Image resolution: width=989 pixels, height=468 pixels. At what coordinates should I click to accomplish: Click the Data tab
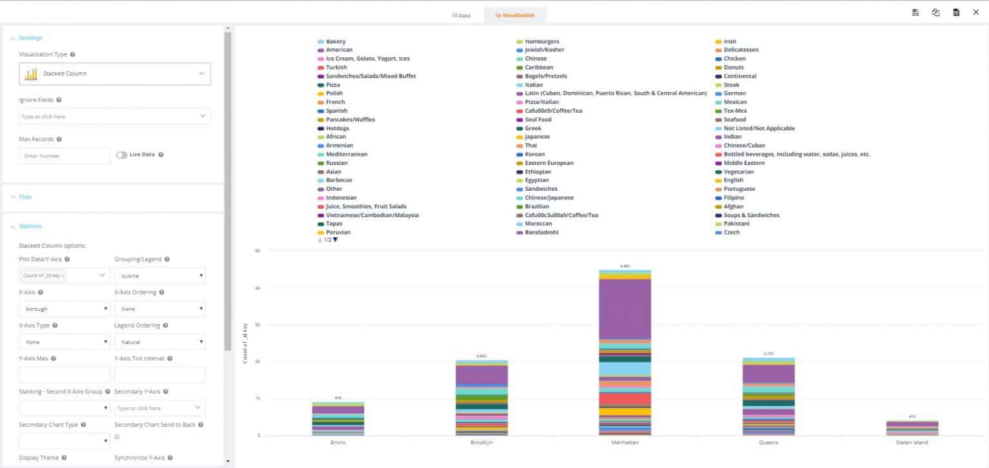click(461, 15)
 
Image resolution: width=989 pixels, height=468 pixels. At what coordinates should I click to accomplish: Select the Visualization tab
click(514, 15)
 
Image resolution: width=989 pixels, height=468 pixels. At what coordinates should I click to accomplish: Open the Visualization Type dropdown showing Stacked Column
click(115, 73)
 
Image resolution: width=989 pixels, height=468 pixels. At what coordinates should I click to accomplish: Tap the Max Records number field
click(64, 156)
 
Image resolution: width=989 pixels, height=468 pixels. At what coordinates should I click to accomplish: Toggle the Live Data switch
click(121, 155)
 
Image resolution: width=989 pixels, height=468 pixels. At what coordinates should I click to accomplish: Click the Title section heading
click(25, 197)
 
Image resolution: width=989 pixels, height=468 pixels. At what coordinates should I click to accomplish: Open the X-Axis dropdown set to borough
click(64, 309)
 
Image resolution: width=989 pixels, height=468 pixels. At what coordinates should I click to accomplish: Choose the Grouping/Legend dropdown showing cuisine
click(160, 276)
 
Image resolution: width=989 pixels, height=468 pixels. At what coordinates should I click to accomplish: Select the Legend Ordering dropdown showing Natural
click(160, 342)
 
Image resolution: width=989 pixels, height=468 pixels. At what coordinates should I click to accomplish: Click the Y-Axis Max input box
click(64, 375)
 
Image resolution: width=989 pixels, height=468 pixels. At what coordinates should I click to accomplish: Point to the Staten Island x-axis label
click(912, 443)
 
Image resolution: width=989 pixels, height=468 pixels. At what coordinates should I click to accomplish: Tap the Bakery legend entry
click(335, 41)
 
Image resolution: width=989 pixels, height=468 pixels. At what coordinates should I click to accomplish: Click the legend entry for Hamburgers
click(542, 41)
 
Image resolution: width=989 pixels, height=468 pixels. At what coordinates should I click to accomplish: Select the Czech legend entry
click(731, 232)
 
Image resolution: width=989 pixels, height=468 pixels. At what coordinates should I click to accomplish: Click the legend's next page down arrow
click(335, 240)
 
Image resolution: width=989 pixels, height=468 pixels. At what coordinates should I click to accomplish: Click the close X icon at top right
click(975, 12)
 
